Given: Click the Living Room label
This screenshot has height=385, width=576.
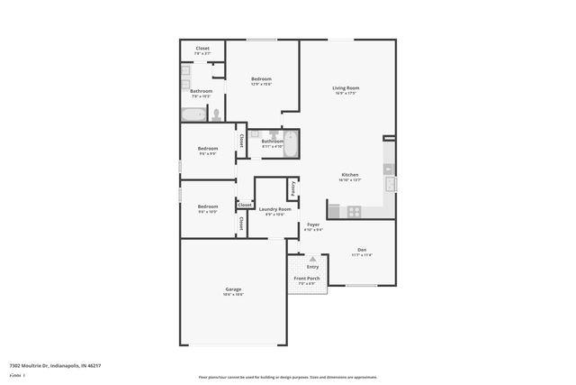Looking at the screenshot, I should pyautogui.click(x=346, y=87).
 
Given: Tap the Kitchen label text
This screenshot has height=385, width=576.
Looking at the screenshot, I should pyautogui.click(x=349, y=174).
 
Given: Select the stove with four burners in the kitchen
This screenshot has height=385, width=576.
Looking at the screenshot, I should pyautogui.click(x=355, y=212).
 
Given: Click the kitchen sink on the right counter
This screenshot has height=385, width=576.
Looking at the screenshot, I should pyautogui.click(x=390, y=185).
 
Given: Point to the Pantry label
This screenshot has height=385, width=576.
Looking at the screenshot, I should pyautogui.click(x=293, y=188).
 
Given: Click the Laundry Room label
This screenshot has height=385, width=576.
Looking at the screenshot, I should pyautogui.click(x=274, y=209).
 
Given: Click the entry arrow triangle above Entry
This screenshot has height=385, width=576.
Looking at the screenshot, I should pyautogui.click(x=312, y=259).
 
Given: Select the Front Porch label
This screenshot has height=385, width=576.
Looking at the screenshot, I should pyautogui.click(x=307, y=279).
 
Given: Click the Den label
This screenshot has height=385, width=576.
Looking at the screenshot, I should pyautogui.click(x=361, y=250).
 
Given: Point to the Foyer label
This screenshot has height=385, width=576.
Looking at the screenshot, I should pyautogui.click(x=313, y=225).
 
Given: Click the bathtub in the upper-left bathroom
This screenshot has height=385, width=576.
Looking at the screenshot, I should pyautogui.click(x=193, y=115).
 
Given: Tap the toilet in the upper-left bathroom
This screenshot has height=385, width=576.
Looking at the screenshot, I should pyautogui.click(x=216, y=115).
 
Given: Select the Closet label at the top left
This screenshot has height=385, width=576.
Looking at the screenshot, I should pyautogui.click(x=202, y=49).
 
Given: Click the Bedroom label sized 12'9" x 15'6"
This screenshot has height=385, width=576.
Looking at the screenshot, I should pyautogui.click(x=261, y=79).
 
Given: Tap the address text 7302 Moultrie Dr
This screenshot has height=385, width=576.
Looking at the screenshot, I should pyautogui.click(x=55, y=366).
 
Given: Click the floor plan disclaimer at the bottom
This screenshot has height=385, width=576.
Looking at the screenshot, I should pyautogui.click(x=288, y=377).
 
